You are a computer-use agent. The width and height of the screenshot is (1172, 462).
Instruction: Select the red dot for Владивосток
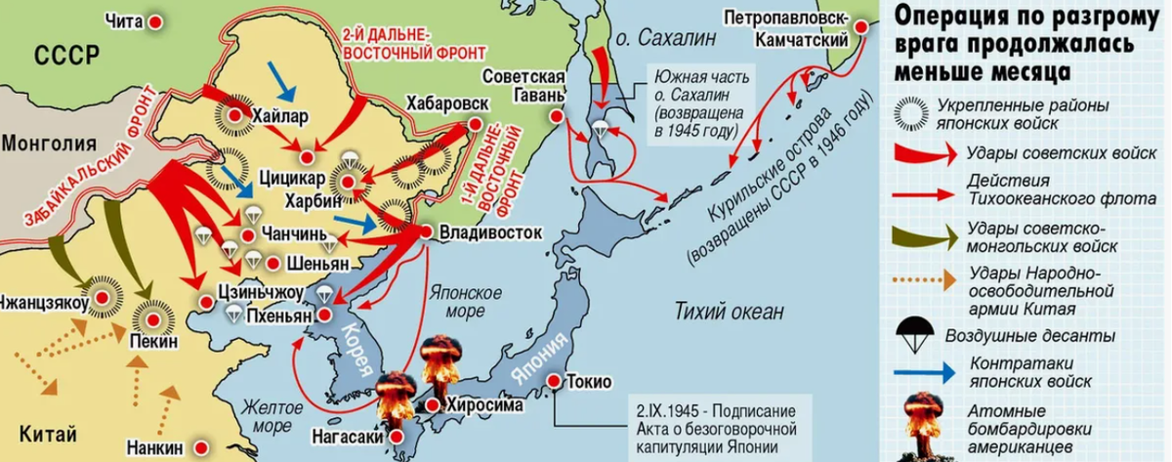click(x=425, y=233)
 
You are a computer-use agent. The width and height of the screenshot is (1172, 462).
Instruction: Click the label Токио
click(x=589, y=381)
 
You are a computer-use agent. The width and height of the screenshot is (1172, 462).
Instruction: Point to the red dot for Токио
click(x=556, y=381)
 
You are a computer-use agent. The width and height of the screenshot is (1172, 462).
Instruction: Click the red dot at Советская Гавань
click(x=557, y=116)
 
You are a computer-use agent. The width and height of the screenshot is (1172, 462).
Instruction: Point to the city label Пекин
click(x=152, y=342)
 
